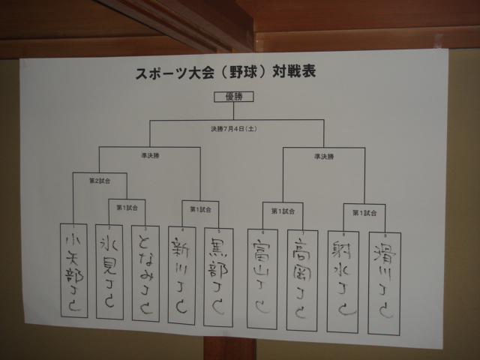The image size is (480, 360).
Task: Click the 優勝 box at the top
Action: (234, 96)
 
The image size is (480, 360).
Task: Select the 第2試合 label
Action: (100, 181)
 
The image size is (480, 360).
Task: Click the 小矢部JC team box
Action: (73, 270)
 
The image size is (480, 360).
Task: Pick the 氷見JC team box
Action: (109, 271)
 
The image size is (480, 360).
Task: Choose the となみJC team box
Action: (145, 273)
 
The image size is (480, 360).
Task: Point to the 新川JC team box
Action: (181, 275)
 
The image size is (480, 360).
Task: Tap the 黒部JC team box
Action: (218, 277)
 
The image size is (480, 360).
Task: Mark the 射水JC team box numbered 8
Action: (343, 280)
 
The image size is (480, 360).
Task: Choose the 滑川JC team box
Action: (385, 282)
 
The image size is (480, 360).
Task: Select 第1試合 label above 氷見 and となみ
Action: (127, 207)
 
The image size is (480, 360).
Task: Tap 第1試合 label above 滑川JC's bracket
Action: (364, 213)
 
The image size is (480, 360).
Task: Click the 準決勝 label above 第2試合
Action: (150, 155)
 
